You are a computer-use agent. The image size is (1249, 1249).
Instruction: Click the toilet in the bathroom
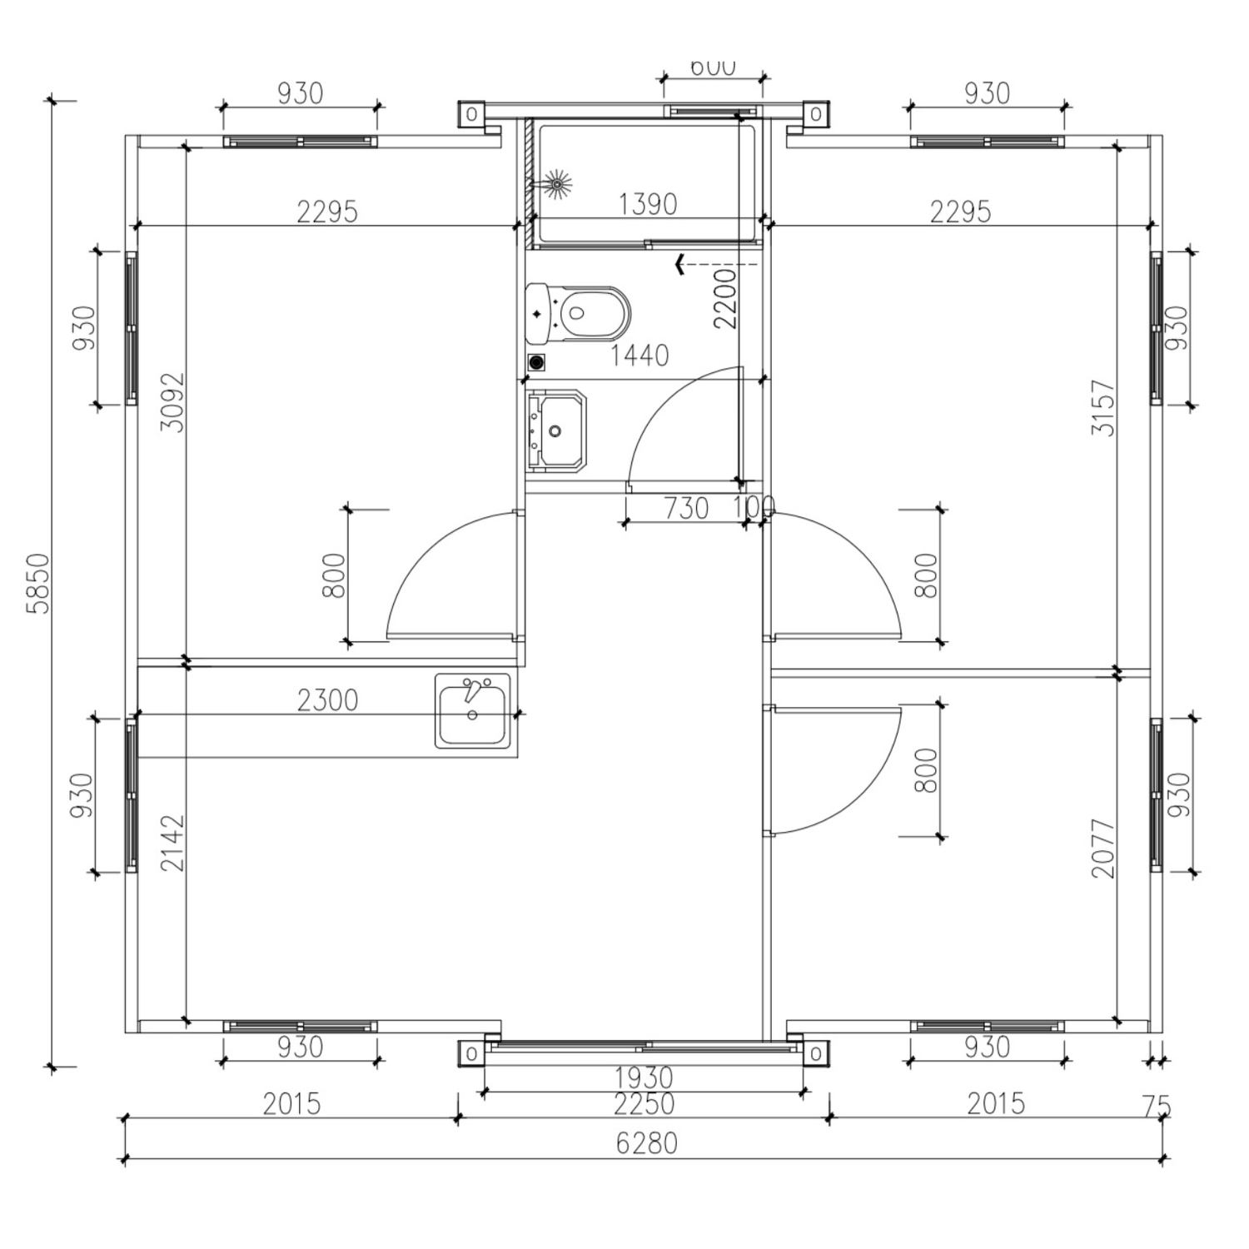click(577, 314)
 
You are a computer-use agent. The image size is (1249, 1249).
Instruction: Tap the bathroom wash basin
click(555, 430)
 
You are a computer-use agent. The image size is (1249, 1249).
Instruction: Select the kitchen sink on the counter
click(471, 711)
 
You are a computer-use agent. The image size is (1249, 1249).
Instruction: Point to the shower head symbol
click(555, 182)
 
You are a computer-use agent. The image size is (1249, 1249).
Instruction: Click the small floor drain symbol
click(537, 362)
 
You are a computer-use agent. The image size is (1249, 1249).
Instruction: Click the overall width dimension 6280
click(646, 1142)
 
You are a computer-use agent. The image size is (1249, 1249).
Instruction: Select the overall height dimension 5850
click(38, 583)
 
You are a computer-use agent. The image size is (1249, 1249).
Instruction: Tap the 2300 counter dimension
click(327, 699)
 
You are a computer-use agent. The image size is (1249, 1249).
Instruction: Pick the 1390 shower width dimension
click(647, 204)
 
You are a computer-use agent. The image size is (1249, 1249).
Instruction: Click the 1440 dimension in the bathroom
click(639, 356)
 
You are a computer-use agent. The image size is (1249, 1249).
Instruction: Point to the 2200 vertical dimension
click(725, 298)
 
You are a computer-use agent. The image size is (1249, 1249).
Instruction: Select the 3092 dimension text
click(173, 402)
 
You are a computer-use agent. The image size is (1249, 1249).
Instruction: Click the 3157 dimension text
click(1102, 408)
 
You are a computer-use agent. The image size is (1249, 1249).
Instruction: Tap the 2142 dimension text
click(173, 843)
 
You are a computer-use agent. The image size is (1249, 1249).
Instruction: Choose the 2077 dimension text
click(1102, 848)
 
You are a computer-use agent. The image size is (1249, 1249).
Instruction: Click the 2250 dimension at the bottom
click(643, 1103)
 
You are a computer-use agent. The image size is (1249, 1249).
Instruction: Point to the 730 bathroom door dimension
click(686, 507)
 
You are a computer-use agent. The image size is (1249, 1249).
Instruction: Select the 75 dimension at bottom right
click(1157, 1107)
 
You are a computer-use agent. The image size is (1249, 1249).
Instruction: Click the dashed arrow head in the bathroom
click(680, 266)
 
